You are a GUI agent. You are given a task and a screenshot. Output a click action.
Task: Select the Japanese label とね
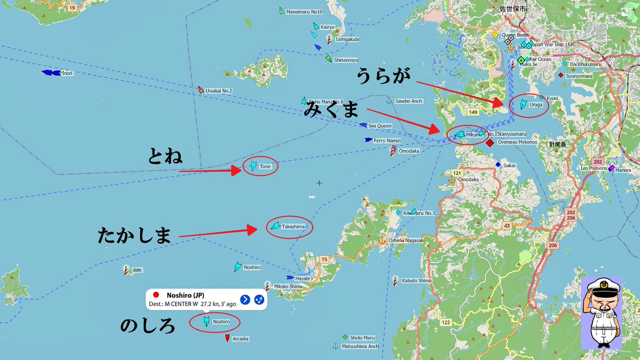click(165, 156)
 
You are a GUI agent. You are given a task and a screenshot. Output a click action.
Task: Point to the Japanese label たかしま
click(134, 236)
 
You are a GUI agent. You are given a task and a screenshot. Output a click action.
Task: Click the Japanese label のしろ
click(148, 325)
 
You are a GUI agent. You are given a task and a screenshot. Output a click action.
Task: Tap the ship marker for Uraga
click(523, 104)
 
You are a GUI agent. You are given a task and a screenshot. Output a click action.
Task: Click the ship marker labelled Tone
click(253, 166)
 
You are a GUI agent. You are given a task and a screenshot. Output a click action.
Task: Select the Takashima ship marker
click(275, 226)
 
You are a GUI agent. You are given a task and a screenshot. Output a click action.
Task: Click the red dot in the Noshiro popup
click(156, 295)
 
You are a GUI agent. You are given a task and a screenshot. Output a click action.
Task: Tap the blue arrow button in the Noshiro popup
click(245, 299)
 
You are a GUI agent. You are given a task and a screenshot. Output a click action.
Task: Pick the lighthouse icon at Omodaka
click(393, 151)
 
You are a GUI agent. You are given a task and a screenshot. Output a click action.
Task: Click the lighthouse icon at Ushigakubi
click(330, 39)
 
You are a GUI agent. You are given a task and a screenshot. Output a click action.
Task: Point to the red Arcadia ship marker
click(227, 338)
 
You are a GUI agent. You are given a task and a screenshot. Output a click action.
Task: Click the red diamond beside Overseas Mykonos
click(490, 142)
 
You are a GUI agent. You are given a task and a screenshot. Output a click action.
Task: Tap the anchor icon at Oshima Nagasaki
click(382, 240)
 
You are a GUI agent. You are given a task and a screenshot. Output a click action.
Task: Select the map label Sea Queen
click(380, 126)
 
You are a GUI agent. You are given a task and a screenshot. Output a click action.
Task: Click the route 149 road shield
click(473, 112)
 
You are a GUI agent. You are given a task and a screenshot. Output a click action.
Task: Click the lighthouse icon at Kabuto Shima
click(395, 280)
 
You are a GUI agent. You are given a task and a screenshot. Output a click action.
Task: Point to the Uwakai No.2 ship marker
click(201, 90)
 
